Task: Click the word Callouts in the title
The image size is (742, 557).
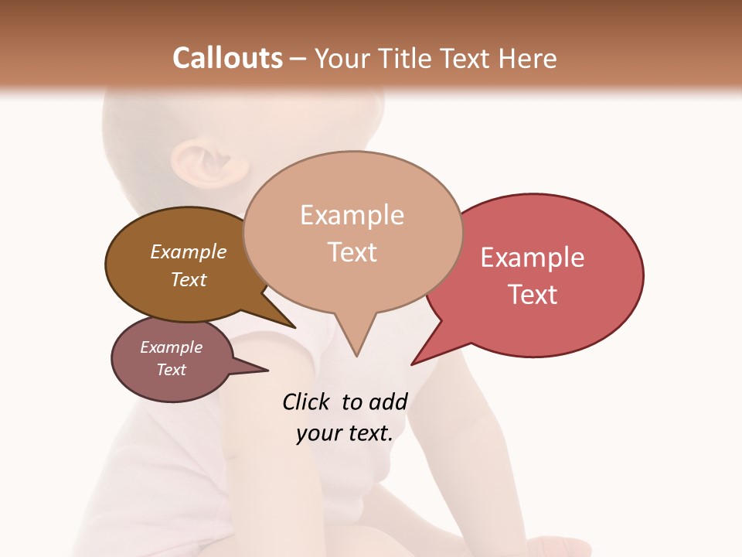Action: pos(227,58)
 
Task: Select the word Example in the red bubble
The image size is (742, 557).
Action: pos(533,258)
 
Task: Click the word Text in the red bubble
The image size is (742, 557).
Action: pos(533,295)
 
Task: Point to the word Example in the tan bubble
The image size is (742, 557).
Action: pos(352,215)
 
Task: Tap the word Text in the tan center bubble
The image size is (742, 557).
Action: pos(352,252)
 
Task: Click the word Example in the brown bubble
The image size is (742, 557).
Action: pos(189,251)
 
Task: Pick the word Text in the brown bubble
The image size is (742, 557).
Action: pos(189,279)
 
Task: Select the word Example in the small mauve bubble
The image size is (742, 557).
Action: pos(172,347)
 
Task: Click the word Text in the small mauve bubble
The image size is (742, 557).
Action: pos(172,370)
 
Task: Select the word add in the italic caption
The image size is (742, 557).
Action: pos(387,402)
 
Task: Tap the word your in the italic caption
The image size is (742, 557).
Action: pos(317,433)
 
